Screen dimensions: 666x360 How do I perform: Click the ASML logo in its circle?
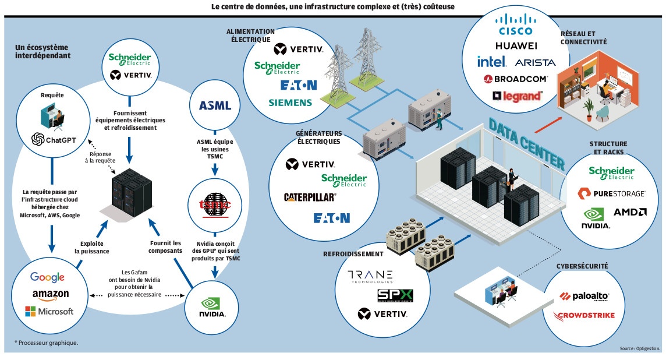click(x=215, y=105)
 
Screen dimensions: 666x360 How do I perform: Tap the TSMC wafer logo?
click(x=215, y=206)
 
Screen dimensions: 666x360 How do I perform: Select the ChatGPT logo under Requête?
click(x=54, y=139)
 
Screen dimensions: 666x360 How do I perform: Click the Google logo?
click(x=48, y=277)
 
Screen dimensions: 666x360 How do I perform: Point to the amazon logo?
click(x=51, y=295)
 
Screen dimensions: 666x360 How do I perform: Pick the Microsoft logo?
click(x=49, y=312)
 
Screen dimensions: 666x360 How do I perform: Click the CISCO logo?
click(x=516, y=24)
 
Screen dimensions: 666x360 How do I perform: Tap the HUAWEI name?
click(x=516, y=45)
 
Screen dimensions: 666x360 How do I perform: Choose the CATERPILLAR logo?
click(x=310, y=197)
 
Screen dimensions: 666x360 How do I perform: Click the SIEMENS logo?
click(x=290, y=103)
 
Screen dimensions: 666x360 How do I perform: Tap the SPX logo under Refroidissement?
click(x=395, y=295)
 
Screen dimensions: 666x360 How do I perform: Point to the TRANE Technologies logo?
click(x=370, y=277)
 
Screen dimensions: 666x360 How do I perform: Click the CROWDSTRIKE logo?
click(x=583, y=316)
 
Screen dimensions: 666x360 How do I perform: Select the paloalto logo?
click(x=584, y=297)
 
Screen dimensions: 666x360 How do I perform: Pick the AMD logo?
click(x=630, y=212)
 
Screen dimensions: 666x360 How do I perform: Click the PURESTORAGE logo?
click(x=611, y=193)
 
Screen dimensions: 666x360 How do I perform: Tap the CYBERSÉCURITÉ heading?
click(x=582, y=266)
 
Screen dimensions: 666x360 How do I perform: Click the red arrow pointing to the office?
click(x=548, y=125)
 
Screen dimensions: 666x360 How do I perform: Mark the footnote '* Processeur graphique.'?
click(x=47, y=343)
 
